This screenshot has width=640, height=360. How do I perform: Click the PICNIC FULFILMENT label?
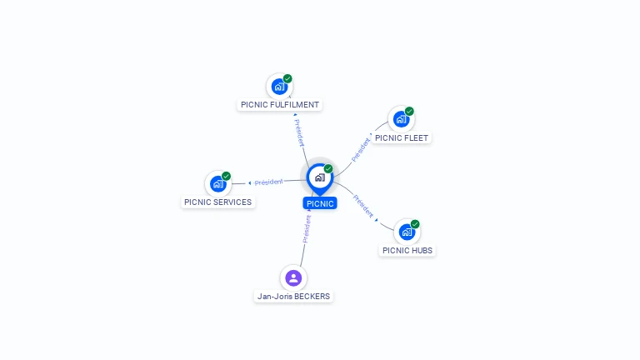[279, 105]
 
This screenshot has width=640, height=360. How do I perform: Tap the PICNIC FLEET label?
[402, 138]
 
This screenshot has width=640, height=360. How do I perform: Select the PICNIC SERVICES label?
[217, 202]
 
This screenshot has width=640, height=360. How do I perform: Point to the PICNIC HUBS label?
[407, 250]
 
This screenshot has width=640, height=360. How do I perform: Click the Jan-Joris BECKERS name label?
[293, 296]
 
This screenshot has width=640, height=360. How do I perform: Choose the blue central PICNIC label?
[320, 203]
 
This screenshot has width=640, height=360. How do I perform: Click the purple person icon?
[292, 277]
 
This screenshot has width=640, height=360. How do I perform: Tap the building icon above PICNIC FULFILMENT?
[279, 86]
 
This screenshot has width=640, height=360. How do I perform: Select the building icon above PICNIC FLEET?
[401, 119]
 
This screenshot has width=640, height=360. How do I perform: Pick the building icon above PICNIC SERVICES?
[217, 183]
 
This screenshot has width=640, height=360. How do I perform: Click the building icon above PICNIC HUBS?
[407, 232]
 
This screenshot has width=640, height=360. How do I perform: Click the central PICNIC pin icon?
[319, 177]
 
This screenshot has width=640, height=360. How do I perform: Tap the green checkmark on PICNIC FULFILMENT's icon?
[287, 78]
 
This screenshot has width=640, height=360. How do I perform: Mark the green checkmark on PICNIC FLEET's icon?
[409, 112]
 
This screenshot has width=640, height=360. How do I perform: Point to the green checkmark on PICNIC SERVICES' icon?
[226, 176]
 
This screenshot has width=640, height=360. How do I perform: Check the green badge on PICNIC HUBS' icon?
[415, 224]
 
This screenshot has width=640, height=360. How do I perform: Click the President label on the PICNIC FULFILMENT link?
[299, 132]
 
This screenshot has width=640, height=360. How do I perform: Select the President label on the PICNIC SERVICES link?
[268, 182]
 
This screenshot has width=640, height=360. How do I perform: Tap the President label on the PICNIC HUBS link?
[363, 206]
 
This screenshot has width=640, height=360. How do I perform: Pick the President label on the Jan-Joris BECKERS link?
[307, 228]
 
